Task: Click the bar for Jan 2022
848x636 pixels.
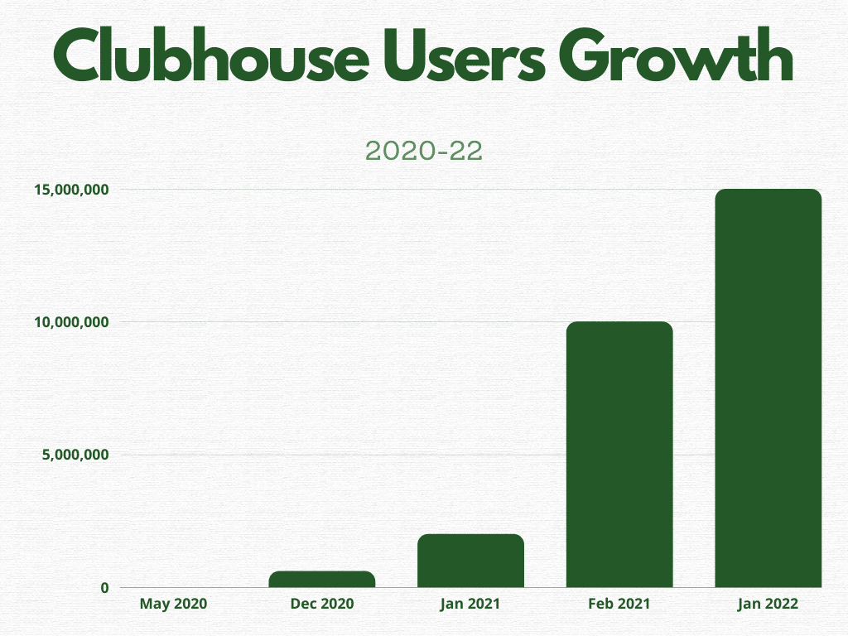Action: pyautogui.click(x=768, y=389)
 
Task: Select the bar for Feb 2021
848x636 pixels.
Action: pyautogui.click(x=619, y=455)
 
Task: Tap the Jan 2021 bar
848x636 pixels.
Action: pyautogui.click(x=470, y=561)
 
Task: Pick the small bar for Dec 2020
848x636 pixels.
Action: pyautogui.click(x=322, y=580)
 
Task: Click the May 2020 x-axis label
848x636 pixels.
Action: pyautogui.click(x=173, y=604)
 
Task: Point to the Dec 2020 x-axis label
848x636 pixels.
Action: pyautogui.click(x=322, y=604)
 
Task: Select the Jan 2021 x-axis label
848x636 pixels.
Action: pyautogui.click(x=470, y=604)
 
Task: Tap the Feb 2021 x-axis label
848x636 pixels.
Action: pyautogui.click(x=619, y=604)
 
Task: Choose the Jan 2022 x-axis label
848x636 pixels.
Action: pyautogui.click(x=768, y=604)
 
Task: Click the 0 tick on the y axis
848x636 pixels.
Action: pyautogui.click(x=104, y=588)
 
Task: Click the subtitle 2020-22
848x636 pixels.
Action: pyautogui.click(x=423, y=151)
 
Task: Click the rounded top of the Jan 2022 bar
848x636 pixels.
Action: pyautogui.click(x=768, y=194)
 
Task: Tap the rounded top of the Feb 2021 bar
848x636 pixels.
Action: pyautogui.click(x=619, y=326)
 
